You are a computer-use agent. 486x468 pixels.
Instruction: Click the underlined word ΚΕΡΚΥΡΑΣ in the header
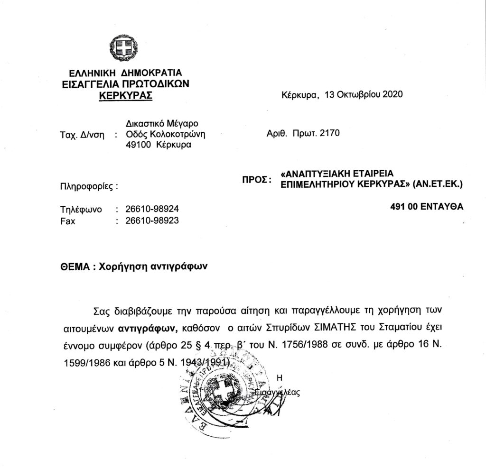[x=125, y=95]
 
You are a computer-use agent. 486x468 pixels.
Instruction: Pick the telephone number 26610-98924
[x=152, y=209]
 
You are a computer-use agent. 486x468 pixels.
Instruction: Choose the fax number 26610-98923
[x=152, y=220]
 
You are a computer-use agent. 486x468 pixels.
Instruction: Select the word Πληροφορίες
[x=86, y=186]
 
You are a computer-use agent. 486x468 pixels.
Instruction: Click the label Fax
[x=68, y=220]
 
